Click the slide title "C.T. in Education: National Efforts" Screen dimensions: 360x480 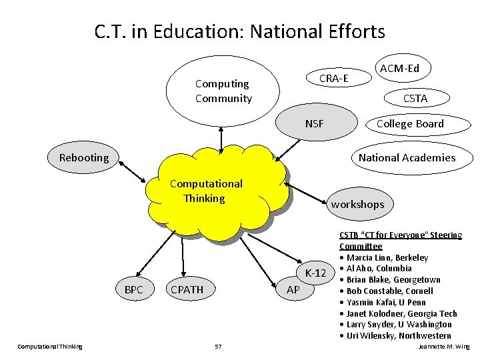239,31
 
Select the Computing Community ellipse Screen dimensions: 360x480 222,92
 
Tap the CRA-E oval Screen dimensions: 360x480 333,79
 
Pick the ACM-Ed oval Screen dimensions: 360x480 399,67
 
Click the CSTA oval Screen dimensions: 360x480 415,99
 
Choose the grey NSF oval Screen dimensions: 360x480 314,123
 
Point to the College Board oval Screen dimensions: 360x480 409,123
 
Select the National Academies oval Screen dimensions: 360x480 407,157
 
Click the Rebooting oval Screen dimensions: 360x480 84,157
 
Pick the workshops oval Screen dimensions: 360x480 357,204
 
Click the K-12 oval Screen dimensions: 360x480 315,273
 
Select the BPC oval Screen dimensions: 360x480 133,289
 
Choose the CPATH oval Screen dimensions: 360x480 187,289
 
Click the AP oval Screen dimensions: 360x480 293,289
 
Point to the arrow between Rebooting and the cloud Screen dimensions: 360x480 132,171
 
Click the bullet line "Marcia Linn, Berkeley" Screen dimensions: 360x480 387,258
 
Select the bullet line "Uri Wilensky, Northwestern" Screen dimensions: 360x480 398,336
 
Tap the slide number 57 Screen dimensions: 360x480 218,347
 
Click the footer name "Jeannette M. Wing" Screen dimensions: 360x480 443,347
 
